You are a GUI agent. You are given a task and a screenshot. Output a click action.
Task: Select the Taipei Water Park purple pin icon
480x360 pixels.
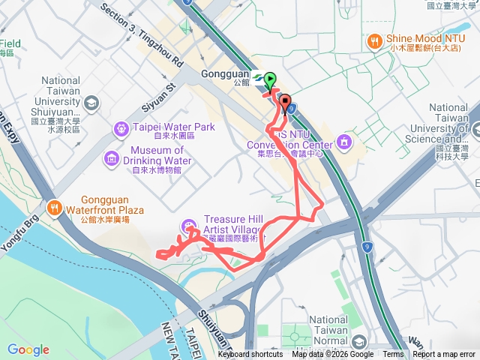pos(121,130)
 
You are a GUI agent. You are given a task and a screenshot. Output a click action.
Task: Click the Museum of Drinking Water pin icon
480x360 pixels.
pos(112,158)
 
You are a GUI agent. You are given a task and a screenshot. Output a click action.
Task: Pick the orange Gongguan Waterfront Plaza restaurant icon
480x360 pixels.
pos(53,208)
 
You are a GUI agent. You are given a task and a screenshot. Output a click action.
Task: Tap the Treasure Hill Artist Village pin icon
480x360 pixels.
pos(187,226)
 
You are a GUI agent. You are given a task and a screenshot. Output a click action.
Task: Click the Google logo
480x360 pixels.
pos(28,350)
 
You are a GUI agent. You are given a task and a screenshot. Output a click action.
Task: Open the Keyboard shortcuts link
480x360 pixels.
pos(250,355)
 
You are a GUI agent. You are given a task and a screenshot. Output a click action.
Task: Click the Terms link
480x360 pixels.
pos(393,355)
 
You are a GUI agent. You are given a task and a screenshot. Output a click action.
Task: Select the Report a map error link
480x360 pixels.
pos(443,355)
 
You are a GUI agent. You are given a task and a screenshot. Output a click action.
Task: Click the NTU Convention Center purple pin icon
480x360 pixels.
pos(343,140)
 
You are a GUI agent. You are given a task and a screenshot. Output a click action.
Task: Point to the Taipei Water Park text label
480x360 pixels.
pos(174,127)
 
